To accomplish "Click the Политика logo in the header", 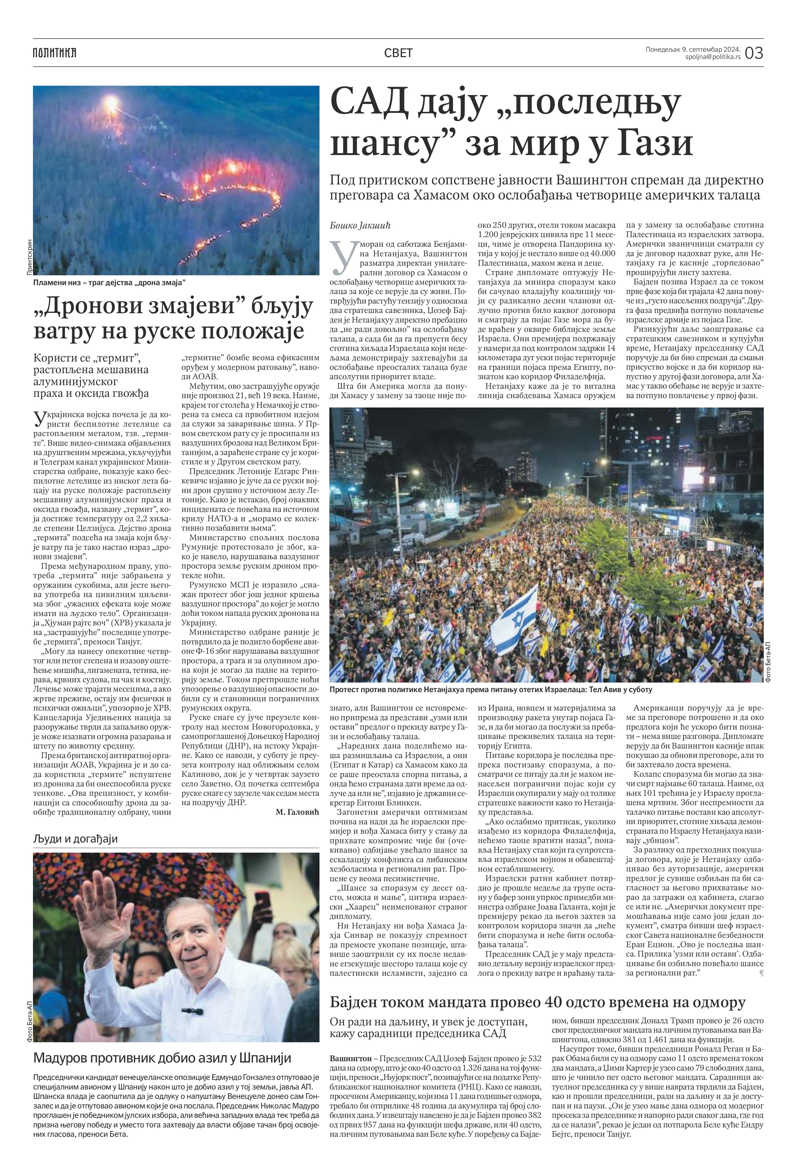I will (x=55, y=53).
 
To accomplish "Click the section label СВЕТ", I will (x=398, y=53).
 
